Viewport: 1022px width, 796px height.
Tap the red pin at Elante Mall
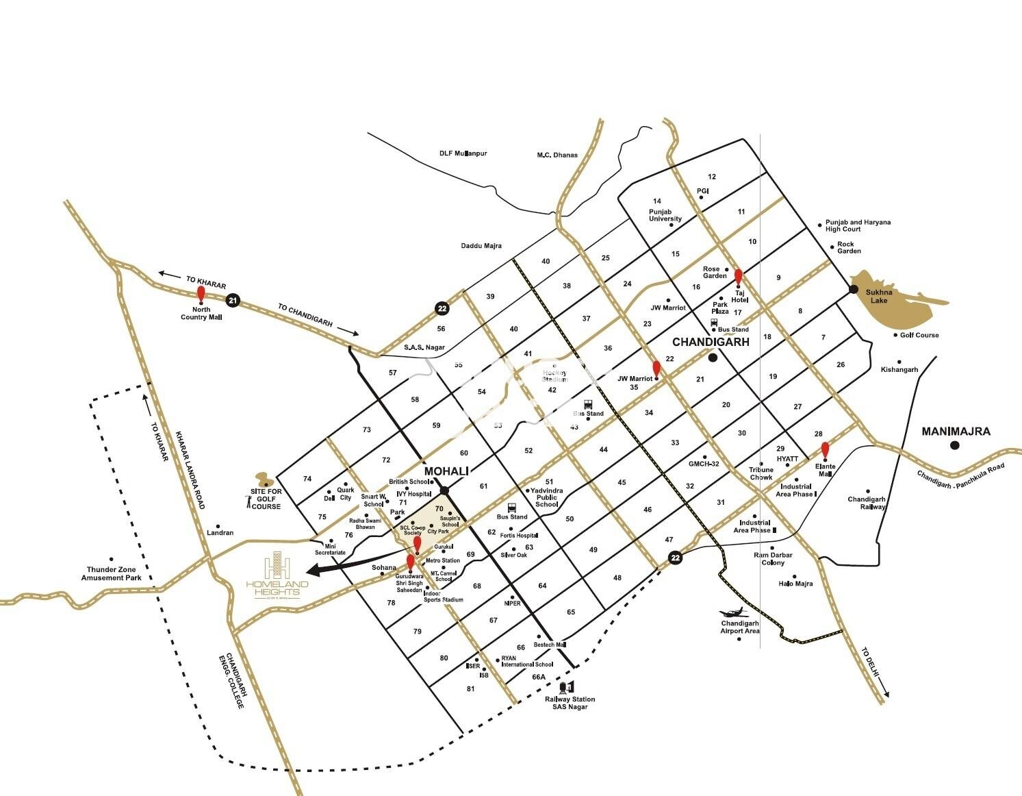[x=825, y=450]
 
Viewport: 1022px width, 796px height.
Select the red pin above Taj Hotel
[x=739, y=277]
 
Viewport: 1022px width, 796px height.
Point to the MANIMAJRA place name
[x=956, y=432]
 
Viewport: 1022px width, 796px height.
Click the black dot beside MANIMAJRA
[x=955, y=446]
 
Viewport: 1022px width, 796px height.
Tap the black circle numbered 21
[x=233, y=300]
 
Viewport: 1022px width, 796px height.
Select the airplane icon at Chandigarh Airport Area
[x=730, y=613]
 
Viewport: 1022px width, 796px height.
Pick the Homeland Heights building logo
[x=277, y=564]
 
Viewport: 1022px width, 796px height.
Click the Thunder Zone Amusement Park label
[x=112, y=573]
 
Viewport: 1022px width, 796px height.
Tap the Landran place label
[x=220, y=532]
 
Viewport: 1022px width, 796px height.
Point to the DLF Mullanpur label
[x=463, y=153]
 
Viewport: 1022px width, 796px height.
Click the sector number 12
[x=712, y=177]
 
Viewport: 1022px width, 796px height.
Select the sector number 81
[x=470, y=688]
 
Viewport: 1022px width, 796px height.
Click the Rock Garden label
[x=849, y=247]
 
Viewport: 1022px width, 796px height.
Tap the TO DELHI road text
[x=871, y=663]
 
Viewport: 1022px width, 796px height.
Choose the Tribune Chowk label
[x=761, y=473]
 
